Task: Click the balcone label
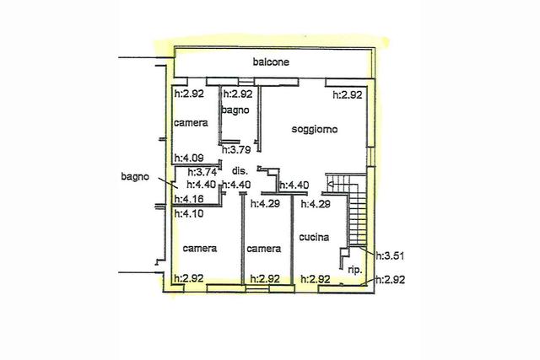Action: point(271,62)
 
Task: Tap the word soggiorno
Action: point(315,129)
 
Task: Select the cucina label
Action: point(314,237)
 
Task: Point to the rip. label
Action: point(355,270)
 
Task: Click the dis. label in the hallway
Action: point(240,170)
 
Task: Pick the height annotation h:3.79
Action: point(236,150)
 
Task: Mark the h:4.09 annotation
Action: point(189,158)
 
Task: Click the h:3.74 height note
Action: point(202,172)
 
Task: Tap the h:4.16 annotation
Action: point(189,199)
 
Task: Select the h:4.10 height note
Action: point(189,214)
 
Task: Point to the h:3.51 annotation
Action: point(390,256)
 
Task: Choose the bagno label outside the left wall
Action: point(135,177)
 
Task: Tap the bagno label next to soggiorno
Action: point(235,110)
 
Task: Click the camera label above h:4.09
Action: point(191,123)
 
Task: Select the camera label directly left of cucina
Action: point(264,249)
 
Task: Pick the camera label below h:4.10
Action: point(200,249)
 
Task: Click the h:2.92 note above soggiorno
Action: point(348,94)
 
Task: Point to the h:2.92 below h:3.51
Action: point(390,279)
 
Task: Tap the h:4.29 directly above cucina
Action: point(316,204)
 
